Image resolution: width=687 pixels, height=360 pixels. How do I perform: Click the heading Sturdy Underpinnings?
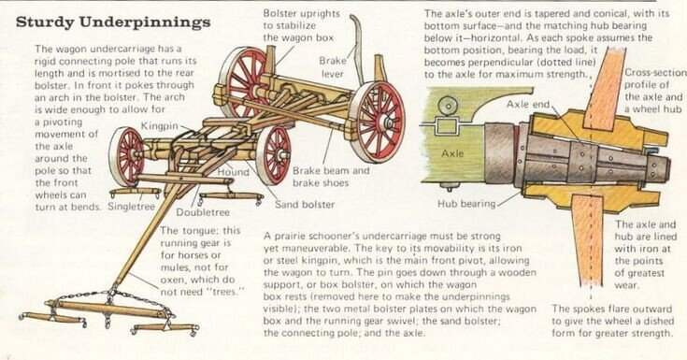[113, 22]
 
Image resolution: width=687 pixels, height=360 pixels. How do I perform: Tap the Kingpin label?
[160, 126]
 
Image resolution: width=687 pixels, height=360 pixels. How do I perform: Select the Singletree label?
[132, 207]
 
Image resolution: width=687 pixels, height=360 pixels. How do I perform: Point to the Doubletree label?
[203, 212]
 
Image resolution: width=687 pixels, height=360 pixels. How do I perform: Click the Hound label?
[233, 172]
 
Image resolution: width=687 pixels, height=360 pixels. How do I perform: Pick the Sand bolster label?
[305, 205]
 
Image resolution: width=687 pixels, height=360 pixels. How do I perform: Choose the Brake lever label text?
[333, 67]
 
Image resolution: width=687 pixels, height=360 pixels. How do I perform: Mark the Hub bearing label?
[466, 204]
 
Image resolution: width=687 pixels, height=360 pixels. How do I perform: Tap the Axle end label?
[527, 105]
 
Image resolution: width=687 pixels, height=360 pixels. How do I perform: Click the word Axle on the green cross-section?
[452, 153]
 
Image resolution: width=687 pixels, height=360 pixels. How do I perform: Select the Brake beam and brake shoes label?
[331, 177]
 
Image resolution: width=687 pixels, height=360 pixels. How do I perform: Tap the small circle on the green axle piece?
[448, 106]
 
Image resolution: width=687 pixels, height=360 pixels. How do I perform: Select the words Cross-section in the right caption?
[655, 73]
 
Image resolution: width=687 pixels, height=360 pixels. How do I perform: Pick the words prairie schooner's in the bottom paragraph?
[321, 237]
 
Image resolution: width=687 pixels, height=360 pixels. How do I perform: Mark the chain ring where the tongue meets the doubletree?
[113, 290]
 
